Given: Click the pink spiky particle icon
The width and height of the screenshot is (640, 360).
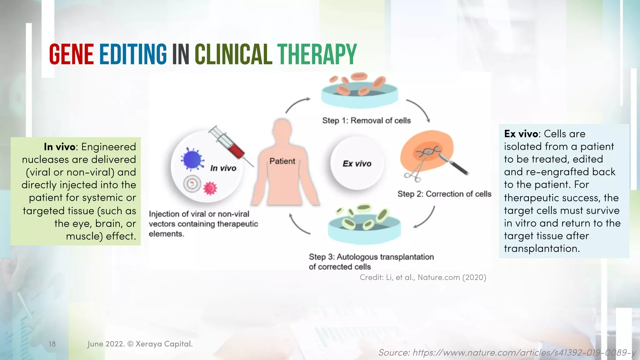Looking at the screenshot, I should coord(210,188).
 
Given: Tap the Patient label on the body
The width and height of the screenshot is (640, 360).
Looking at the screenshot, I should coord(282,161).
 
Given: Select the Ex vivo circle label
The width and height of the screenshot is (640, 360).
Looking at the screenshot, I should coord(357,164).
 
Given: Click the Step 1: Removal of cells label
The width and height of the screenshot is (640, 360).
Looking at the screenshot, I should coord(366,121).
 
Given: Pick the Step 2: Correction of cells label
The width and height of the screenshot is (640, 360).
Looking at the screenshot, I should coord(444,194).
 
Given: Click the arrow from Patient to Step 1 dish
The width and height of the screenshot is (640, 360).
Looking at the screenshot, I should coord(297,104).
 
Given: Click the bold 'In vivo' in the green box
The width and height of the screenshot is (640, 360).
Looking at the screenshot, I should coord(59,147).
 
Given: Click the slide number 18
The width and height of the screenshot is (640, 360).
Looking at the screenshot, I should coord(52,344).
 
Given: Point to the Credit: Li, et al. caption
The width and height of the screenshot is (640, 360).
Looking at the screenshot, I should coord(423,277).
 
